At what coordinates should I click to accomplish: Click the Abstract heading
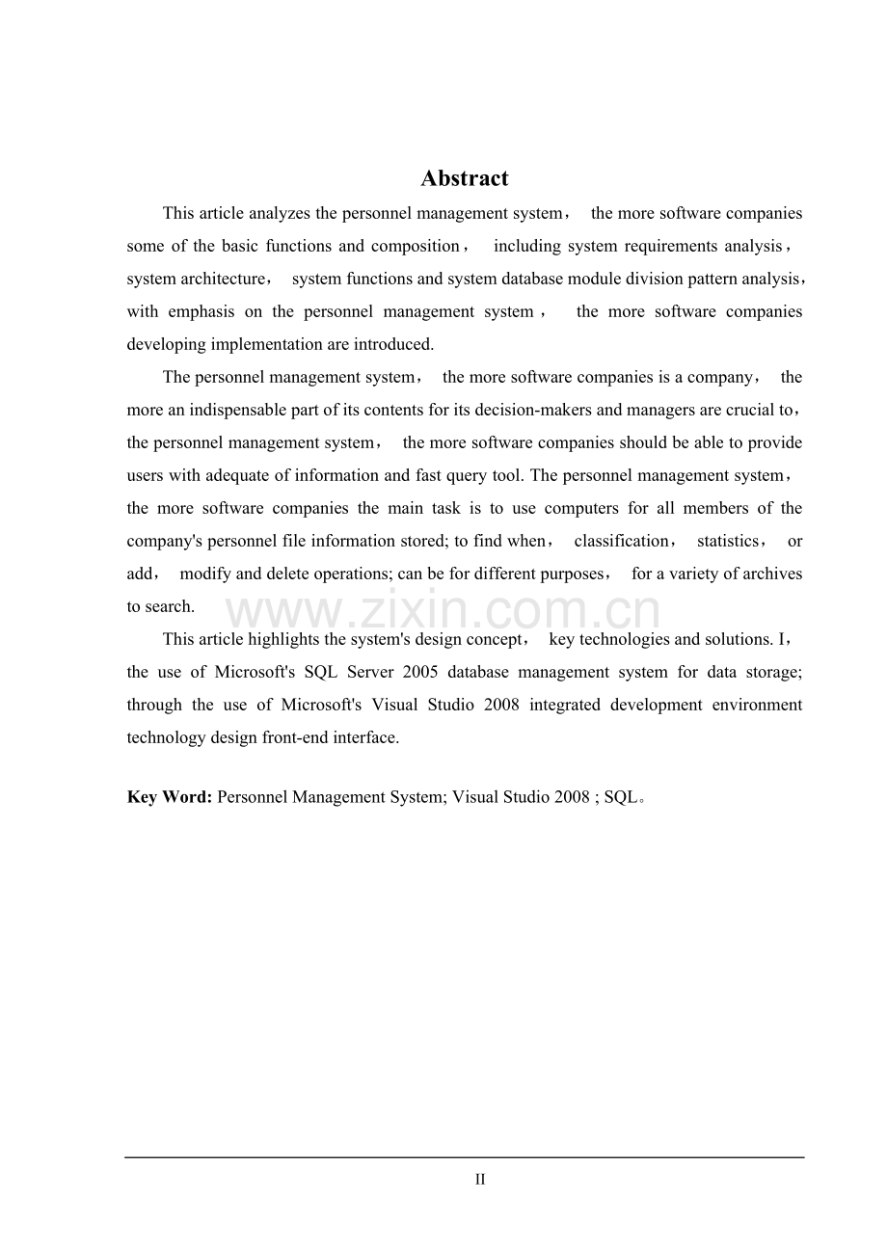coord(464,178)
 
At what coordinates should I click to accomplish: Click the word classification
coord(621,541)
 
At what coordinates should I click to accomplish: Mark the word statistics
coord(727,541)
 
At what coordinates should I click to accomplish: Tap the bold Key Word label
coord(169,797)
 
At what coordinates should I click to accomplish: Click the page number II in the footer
coord(479,1179)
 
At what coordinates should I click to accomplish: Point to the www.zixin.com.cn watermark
coord(443,612)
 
